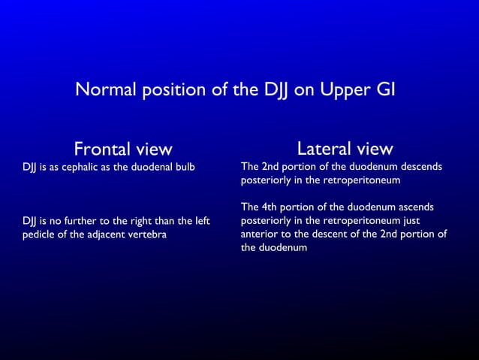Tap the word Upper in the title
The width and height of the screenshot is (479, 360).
pos(345,90)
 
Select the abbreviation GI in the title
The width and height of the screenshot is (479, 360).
pos(385,90)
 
